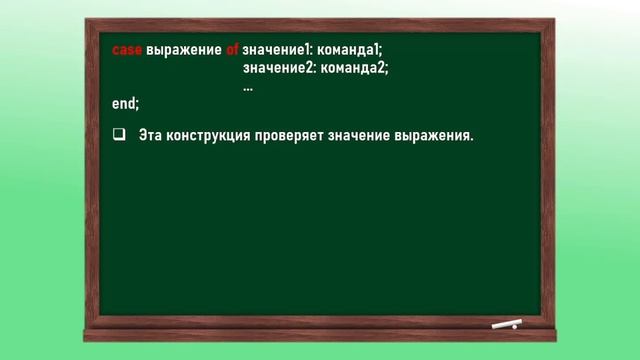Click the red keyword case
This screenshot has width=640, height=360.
click(x=127, y=49)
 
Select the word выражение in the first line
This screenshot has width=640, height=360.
click(x=184, y=49)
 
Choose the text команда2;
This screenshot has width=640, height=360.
click(x=353, y=68)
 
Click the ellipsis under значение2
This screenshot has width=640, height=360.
click(x=248, y=86)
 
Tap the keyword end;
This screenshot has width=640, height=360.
click(x=125, y=103)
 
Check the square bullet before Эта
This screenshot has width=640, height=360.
click(x=118, y=135)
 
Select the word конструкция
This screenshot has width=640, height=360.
click(x=208, y=135)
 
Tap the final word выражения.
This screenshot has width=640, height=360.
click(x=435, y=135)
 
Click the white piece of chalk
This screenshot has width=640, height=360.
click(x=506, y=324)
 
